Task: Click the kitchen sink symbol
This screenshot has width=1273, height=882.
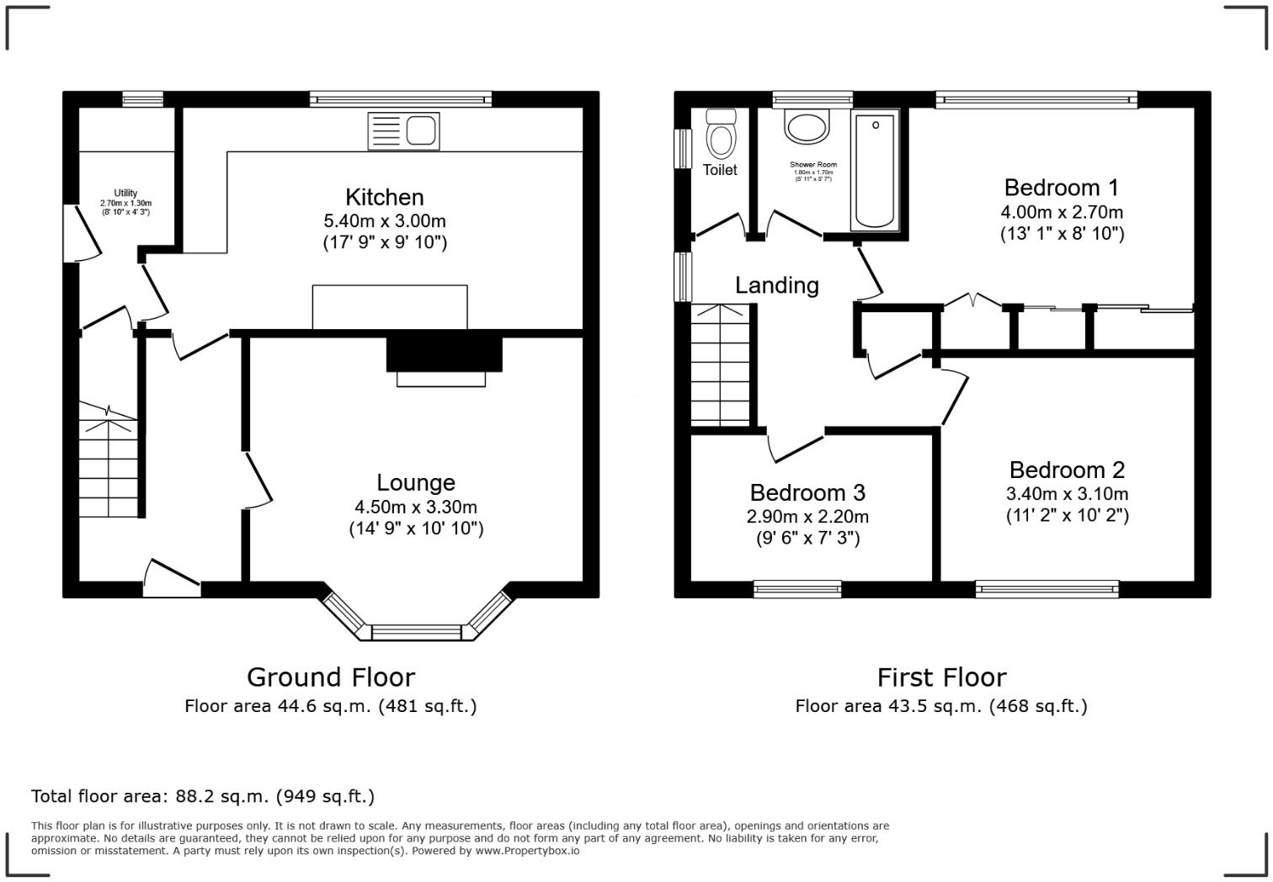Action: click(x=403, y=131)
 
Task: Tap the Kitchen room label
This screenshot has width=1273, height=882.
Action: click(x=385, y=197)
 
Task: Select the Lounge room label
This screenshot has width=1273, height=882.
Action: click(x=416, y=482)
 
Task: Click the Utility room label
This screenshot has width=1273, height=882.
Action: click(x=126, y=194)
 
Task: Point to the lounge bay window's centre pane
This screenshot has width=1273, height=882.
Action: click(x=417, y=632)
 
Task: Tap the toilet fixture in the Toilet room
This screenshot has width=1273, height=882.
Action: click(x=720, y=135)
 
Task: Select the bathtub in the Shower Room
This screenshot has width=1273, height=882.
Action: click(x=874, y=172)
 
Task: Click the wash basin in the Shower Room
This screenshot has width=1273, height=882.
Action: click(x=807, y=127)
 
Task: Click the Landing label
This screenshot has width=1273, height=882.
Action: click(x=776, y=285)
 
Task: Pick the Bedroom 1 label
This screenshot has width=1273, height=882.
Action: click(x=1062, y=188)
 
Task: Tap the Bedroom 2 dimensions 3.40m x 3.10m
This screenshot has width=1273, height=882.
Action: click(x=1067, y=494)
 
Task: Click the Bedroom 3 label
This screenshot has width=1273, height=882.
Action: click(x=807, y=492)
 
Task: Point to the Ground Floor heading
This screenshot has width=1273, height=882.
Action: click(x=331, y=677)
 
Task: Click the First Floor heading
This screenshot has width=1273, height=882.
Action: click(x=941, y=677)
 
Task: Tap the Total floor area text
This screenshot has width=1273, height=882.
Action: click(x=203, y=796)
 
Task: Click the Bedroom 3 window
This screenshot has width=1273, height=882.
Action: click(x=797, y=589)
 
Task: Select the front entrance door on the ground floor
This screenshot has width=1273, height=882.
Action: click(x=173, y=580)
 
